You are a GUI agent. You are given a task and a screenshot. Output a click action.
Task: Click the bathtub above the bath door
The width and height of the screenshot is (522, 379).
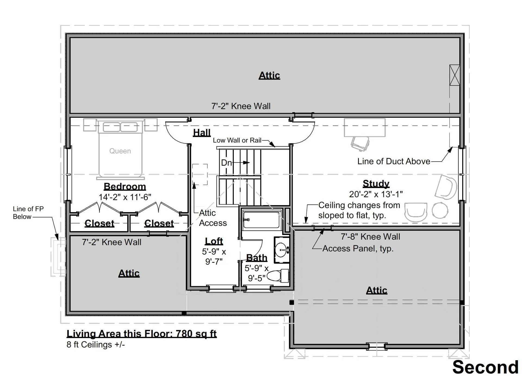tap(262, 220)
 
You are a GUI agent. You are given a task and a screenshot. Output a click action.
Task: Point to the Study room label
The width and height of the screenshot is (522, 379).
tap(376, 184)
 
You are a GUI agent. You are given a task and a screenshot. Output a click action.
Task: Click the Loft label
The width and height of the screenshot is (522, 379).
tap(214, 241)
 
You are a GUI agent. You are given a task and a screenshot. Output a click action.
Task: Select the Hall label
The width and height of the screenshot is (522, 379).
tap(202, 133)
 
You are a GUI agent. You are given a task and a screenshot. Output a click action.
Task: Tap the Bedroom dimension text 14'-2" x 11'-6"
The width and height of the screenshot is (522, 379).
tap(125, 197)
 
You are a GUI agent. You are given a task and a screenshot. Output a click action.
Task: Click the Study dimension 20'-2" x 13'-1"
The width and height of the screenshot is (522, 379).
tap(376, 194)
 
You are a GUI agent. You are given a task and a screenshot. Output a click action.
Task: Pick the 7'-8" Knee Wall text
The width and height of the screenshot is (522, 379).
tap(371, 237)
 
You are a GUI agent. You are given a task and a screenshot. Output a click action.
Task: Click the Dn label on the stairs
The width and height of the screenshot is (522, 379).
tap(226, 163)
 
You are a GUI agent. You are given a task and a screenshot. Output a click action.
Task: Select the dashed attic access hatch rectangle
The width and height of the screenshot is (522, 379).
tap(200, 174)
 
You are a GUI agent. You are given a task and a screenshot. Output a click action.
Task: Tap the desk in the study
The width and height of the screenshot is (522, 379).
tap(365, 127)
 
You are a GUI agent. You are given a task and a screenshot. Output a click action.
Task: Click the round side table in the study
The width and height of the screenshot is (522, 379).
tap(440, 211)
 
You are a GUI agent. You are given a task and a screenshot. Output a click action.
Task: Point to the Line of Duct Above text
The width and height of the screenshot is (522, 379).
tap(394, 161)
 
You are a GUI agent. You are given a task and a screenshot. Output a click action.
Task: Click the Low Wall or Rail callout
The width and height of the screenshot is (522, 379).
tap(237, 140)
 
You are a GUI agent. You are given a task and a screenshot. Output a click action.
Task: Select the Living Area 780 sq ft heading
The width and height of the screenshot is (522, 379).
tap(142, 334)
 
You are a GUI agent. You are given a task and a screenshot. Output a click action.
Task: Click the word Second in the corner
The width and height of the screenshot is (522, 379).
tap(486, 367)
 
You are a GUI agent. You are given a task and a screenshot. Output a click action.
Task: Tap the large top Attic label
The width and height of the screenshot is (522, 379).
tap(269, 75)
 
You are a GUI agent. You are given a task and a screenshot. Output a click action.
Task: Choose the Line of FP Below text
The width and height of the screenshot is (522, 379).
tap(28, 213)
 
